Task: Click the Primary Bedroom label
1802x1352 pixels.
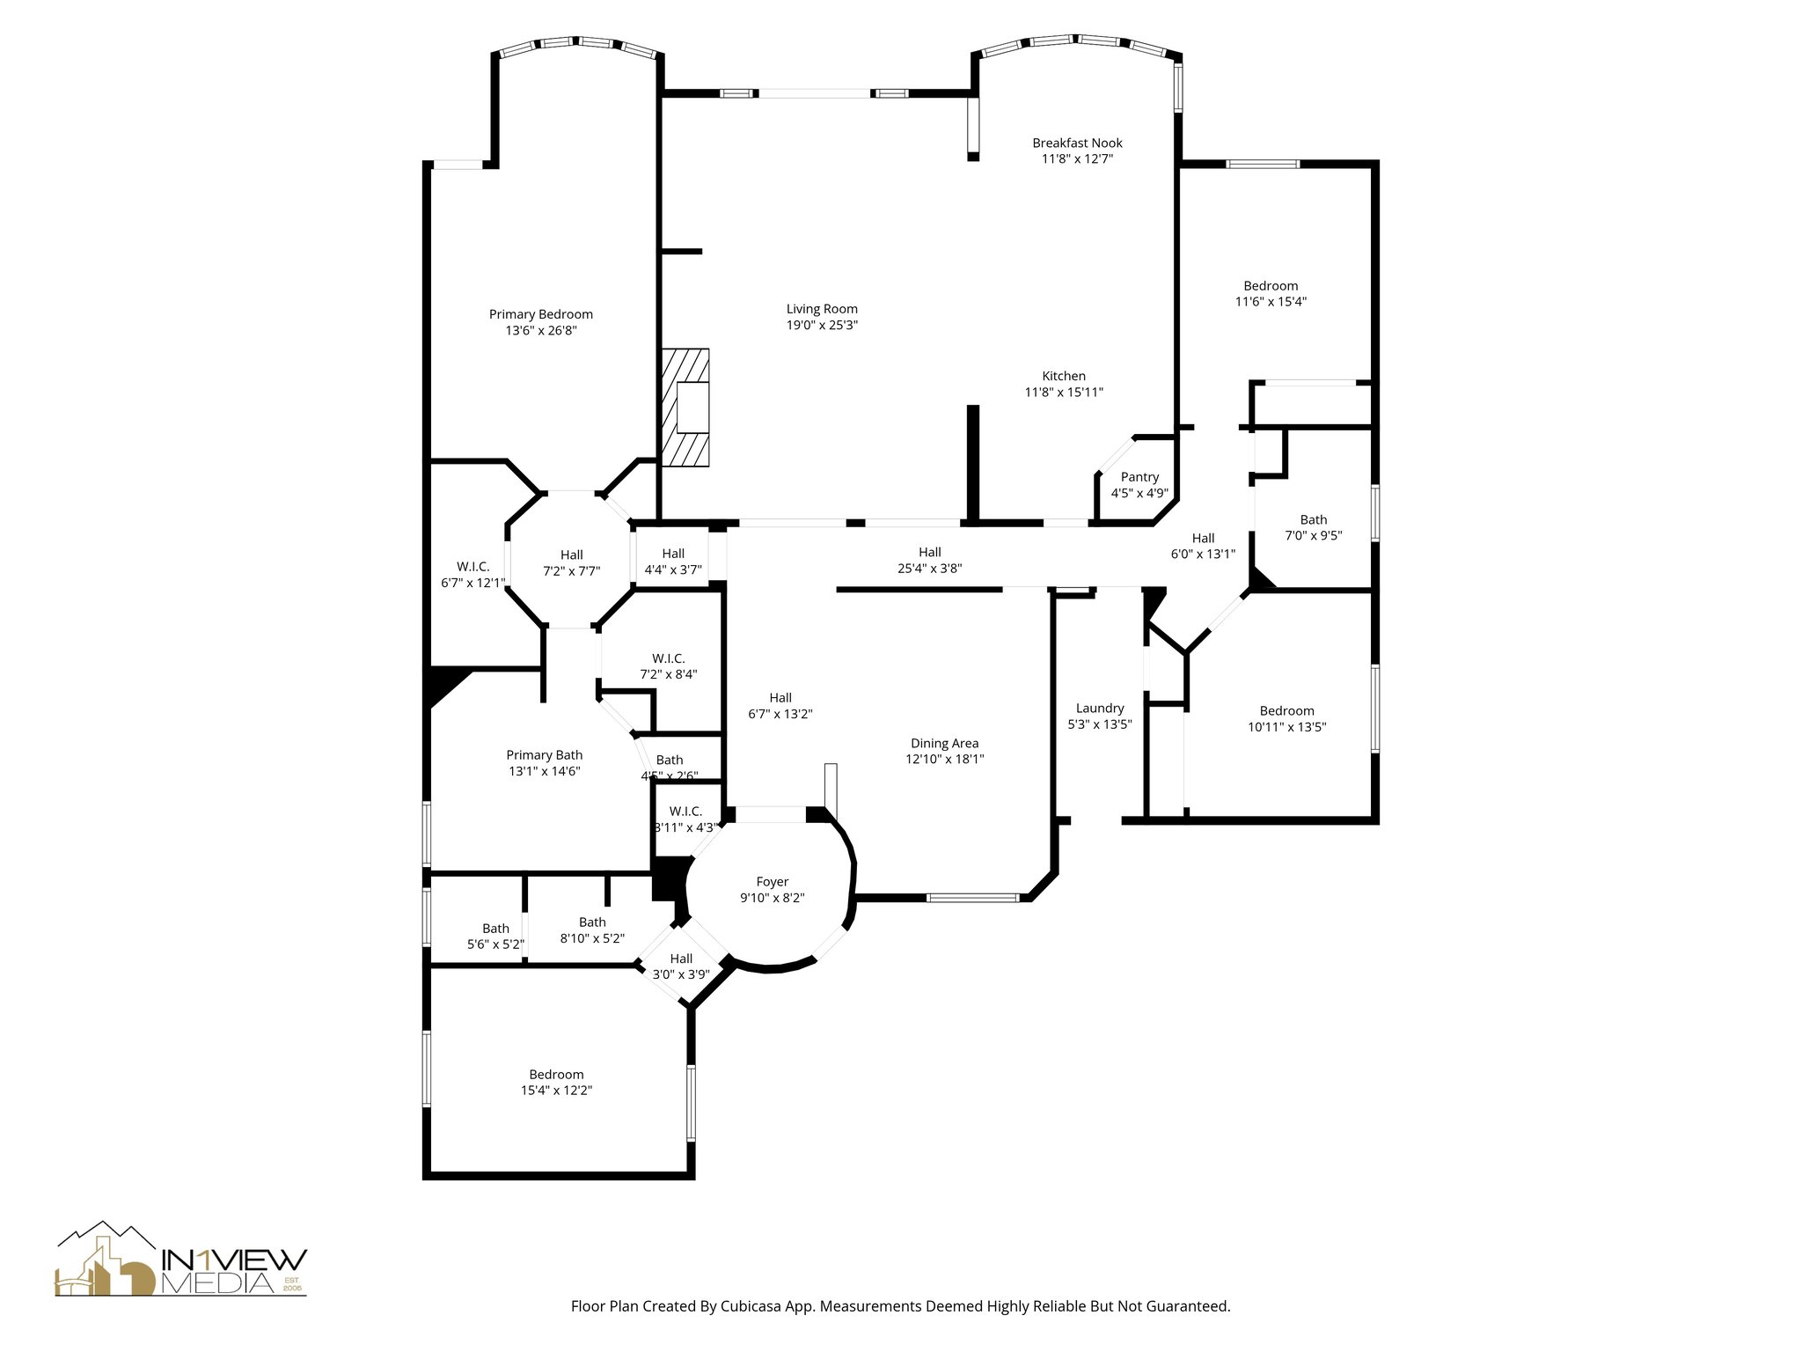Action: pyautogui.click(x=540, y=314)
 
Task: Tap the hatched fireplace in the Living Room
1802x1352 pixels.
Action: pyautogui.click(x=685, y=408)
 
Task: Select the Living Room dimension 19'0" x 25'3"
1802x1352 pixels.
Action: pyautogui.click(x=822, y=325)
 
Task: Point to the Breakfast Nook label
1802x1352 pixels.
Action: pyautogui.click(x=1077, y=143)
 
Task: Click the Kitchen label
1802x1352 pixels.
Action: pyautogui.click(x=1064, y=376)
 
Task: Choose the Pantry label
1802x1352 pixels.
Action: pyautogui.click(x=1139, y=477)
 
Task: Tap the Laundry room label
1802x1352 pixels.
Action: pyautogui.click(x=1100, y=708)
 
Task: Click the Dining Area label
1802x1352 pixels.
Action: pyautogui.click(x=944, y=743)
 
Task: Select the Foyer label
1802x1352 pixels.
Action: pyautogui.click(x=773, y=882)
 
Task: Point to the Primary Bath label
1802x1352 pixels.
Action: pyautogui.click(x=544, y=754)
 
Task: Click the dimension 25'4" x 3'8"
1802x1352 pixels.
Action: pyautogui.click(x=929, y=569)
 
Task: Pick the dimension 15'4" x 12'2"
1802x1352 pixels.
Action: pyautogui.click(x=556, y=1090)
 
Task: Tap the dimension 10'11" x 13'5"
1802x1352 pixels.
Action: pyautogui.click(x=1286, y=727)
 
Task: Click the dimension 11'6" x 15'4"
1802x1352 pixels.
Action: pyautogui.click(x=1271, y=301)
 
